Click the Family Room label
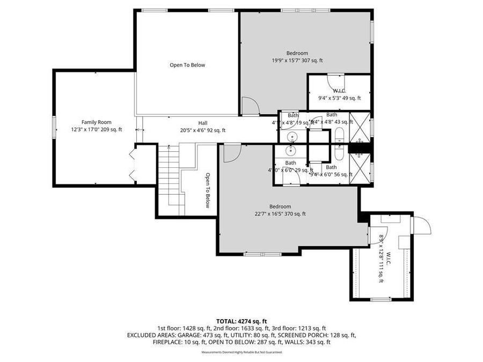point(97,122)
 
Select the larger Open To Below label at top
point(187,65)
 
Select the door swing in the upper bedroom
point(250,106)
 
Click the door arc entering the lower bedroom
point(232,153)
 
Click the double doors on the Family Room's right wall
point(131,165)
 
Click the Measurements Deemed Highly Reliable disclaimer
point(241,352)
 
